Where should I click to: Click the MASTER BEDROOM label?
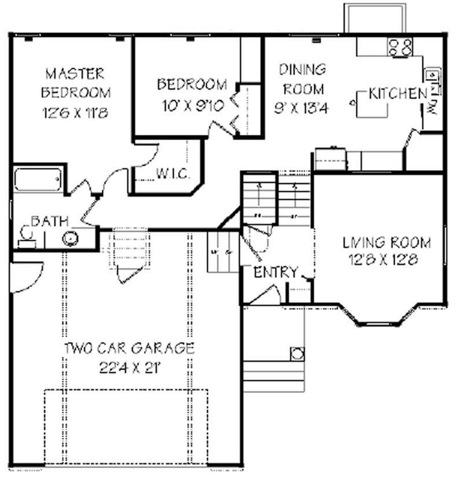(x=75, y=82)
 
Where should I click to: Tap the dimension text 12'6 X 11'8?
(x=75, y=112)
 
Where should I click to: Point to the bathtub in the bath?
(x=38, y=180)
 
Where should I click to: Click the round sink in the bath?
(x=70, y=238)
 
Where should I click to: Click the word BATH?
(x=50, y=221)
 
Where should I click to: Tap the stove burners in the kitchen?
(x=400, y=47)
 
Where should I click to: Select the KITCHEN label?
(x=398, y=94)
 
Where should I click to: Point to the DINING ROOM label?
(x=303, y=79)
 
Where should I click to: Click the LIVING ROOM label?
(x=386, y=243)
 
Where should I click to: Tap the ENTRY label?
(x=275, y=273)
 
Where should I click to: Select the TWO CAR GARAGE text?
(x=129, y=348)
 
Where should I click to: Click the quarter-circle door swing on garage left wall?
(x=25, y=277)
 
